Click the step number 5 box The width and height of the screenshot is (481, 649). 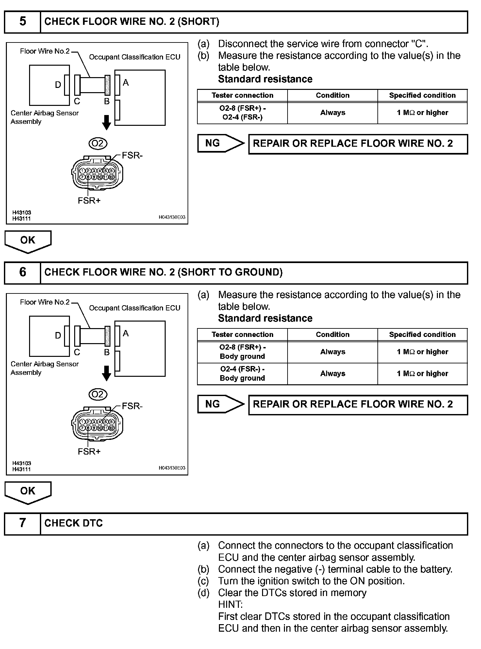click(x=23, y=22)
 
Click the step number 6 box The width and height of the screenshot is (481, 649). click(x=23, y=273)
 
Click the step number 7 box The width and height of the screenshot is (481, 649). click(x=23, y=523)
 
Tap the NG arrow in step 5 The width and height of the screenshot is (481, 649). click(x=221, y=143)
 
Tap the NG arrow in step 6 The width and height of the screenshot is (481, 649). click(x=221, y=405)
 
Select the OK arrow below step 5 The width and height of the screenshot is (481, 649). click(x=28, y=241)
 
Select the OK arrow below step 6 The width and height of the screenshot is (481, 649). click(x=28, y=492)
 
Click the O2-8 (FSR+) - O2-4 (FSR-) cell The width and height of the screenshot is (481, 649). click(x=242, y=113)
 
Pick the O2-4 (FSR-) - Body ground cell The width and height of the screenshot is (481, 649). click(x=242, y=374)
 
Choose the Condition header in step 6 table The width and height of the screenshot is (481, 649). click(x=333, y=335)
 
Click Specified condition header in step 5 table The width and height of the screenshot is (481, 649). click(x=422, y=95)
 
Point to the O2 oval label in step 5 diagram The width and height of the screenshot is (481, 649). click(x=98, y=143)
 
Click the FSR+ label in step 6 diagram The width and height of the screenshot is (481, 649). click(x=89, y=452)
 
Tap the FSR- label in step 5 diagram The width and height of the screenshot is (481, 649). click(x=132, y=156)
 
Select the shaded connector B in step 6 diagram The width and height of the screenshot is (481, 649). click(x=107, y=336)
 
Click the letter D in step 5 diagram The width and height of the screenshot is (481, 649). click(x=58, y=85)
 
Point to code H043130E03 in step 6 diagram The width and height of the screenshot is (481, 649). click(x=172, y=468)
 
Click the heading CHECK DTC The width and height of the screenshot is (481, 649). click(x=74, y=523)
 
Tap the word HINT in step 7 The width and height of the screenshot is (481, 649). click(x=230, y=605)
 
